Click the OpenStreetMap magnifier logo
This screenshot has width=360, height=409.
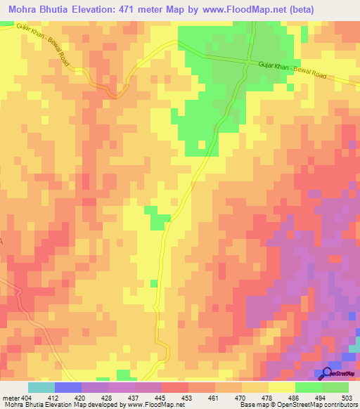328,373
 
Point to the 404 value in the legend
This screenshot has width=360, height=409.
27,398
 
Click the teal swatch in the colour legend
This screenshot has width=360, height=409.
41,387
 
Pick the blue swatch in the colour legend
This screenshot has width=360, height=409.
68,387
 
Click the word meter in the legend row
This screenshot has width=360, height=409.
11,398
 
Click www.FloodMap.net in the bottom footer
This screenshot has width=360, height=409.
150,405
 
